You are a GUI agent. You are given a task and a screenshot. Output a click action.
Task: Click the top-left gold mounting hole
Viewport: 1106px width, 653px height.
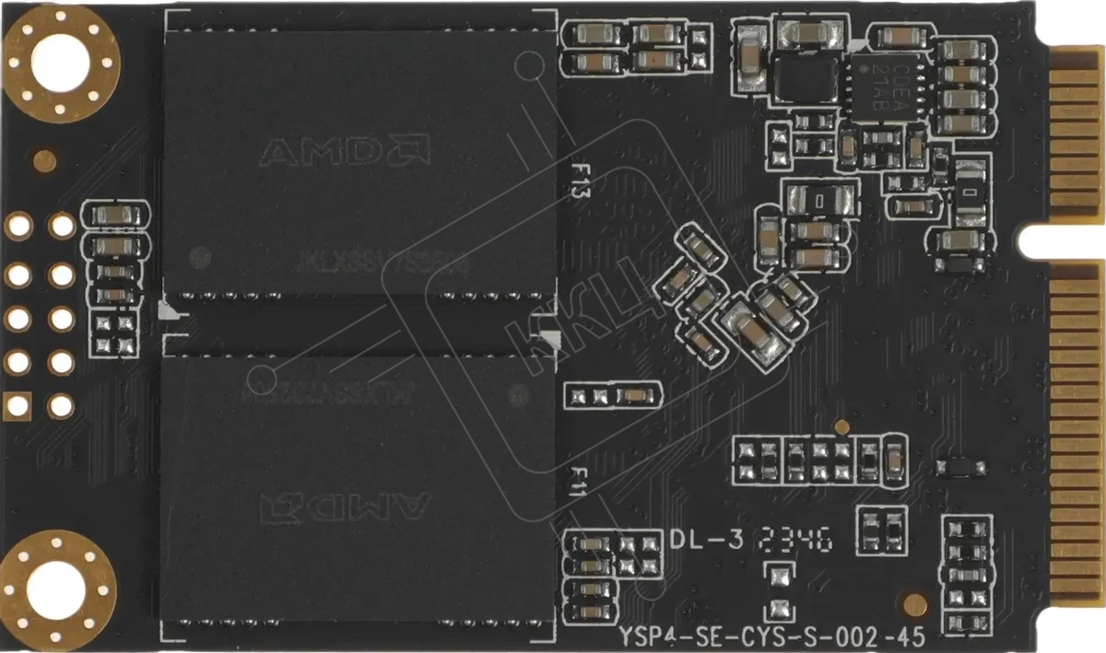(61, 62)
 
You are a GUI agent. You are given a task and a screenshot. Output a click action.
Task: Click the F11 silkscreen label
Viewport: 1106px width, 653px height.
(578, 482)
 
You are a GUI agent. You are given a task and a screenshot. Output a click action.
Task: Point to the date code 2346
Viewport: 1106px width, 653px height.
(794, 540)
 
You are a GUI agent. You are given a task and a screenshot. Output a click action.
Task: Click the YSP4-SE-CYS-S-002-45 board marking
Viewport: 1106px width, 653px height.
(771, 636)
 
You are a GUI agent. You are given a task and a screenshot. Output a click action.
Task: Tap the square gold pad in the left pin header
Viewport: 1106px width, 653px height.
(18, 404)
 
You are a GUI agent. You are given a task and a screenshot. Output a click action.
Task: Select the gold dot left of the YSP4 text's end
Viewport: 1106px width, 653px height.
(914, 604)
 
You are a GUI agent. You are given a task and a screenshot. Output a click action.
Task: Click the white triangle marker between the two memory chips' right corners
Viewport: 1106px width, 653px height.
(551, 338)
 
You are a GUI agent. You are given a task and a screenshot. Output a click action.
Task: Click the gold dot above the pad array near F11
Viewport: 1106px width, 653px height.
(841, 426)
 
